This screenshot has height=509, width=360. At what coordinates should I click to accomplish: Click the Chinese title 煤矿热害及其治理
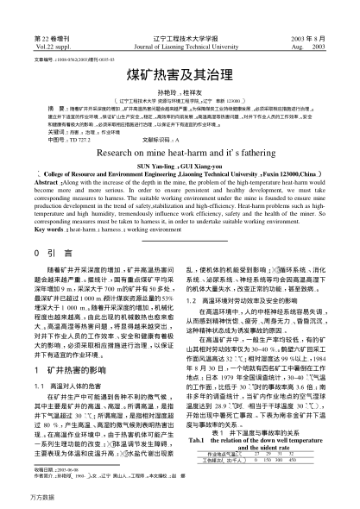pos(180,75)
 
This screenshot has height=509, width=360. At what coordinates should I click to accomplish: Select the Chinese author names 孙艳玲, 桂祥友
pos(180,91)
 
